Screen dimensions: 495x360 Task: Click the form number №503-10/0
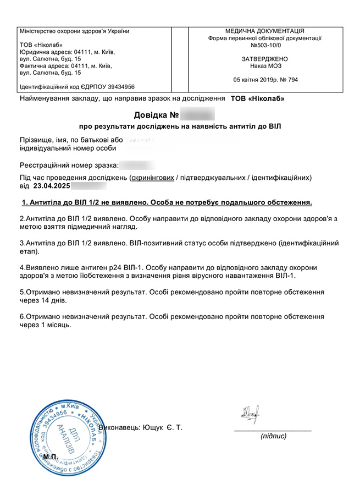(264, 46)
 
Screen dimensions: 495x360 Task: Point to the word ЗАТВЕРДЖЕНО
(264, 59)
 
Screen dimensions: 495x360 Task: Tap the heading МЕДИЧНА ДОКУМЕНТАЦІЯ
(264, 31)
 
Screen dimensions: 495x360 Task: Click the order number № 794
(289, 80)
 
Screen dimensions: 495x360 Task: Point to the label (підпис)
(273, 436)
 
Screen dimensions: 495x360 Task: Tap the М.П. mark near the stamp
(51, 457)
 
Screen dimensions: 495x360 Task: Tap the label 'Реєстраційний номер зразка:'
(68, 165)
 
